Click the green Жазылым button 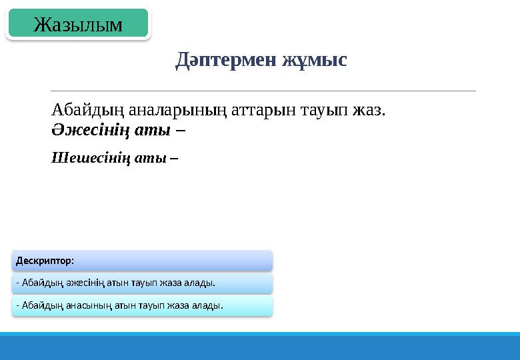(78, 25)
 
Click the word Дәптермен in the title (225, 60)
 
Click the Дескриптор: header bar (141, 260)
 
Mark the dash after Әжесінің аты (181, 130)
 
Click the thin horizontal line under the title (263, 91)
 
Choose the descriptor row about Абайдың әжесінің (141, 283)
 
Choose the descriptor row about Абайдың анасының (141, 305)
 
